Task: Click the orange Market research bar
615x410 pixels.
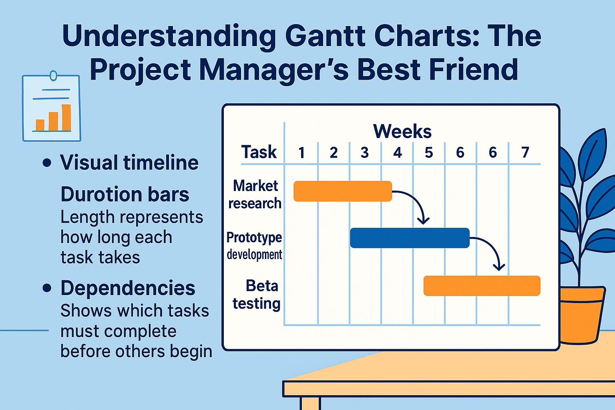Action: pyautogui.click(x=342, y=191)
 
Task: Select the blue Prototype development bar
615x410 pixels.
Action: pyautogui.click(x=409, y=238)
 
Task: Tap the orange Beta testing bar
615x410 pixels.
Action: pyautogui.click(x=482, y=286)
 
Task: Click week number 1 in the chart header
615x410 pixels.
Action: pyautogui.click(x=301, y=153)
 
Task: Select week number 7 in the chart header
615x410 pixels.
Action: pyautogui.click(x=525, y=153)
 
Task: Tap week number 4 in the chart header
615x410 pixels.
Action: pyautogui.click(x=397, y=153)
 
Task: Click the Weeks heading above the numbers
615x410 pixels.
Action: pyautogui.click(x=402, y=131)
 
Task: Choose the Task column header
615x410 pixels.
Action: pyautogui.click(x=259, y=152)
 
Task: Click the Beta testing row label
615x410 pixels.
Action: pyautogui.click(x=257, y=295)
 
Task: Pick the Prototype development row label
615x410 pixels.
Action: pyautogui.click(x=254, y=245)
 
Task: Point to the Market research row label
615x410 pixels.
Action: pyautogui.click(x=255, y=195)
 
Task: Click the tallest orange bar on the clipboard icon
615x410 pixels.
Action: pyautogui.click(x=66, y=118)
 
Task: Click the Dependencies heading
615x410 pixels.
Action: pyautogui.click(x=128, y=288)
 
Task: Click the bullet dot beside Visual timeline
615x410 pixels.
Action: pyautogui.click(x=47, y=163)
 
